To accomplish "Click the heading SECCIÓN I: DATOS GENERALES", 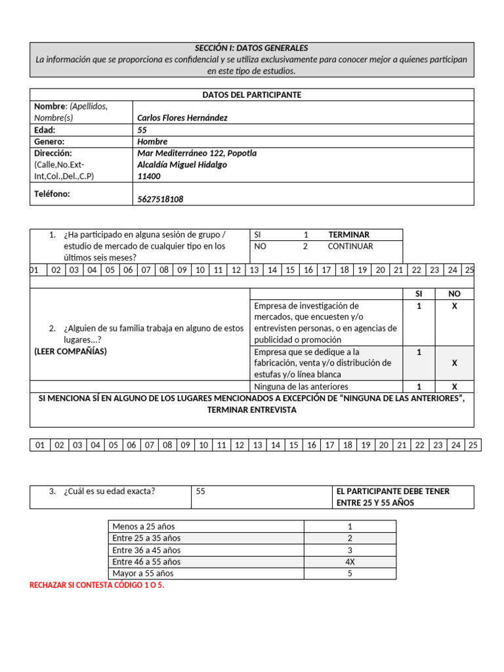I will click(251, 48).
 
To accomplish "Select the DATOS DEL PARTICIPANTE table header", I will click(251, 95).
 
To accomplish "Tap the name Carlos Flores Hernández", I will click(182, 118).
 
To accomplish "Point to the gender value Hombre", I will click(152, 142).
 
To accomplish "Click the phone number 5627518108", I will click(161, 199).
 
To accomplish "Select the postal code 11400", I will click(148, 177).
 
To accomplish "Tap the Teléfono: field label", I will click(52, 194).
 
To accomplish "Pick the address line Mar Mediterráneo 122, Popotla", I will click(197, 154).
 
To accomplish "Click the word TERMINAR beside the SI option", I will click(348, 235).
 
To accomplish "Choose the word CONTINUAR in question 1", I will click(350, 247).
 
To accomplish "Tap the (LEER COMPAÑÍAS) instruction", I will click(70, 351).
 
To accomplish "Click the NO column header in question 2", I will click(454, 294).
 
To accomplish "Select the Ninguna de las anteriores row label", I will click(301, 387).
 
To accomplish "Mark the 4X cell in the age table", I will click(350, 562).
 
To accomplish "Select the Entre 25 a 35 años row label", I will click(146, 538).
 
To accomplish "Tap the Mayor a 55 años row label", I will click(143, 574).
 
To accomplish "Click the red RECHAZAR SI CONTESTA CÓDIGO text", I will click(97, 585).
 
